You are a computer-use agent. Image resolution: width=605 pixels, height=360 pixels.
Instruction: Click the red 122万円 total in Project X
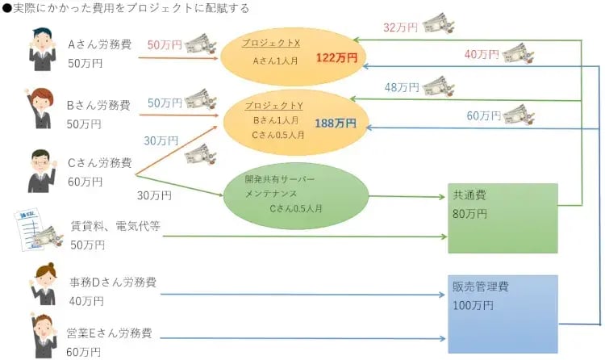tap(337, 57)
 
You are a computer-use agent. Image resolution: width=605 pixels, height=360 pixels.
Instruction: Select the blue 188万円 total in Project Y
tap(336, 123)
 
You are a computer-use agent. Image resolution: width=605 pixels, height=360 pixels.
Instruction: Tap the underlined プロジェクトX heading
tap(271, 43)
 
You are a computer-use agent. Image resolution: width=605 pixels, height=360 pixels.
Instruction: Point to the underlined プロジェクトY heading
tap(274, 105)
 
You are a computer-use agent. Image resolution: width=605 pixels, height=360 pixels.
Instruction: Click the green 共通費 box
tap(503, 218)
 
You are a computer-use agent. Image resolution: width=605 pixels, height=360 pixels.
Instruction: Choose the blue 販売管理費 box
tap(503, 314)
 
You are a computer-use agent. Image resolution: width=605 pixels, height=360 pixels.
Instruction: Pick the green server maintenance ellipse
tap(296, 195)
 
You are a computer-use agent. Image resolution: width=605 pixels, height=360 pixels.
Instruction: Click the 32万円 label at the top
tap(400, 27)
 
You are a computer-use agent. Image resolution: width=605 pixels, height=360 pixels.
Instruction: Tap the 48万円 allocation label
tap(402, 87)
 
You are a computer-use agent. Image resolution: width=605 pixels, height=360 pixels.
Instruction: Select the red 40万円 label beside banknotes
tap(482, 54)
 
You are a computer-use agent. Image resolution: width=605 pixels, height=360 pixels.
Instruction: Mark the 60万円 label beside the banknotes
tap(484, 115)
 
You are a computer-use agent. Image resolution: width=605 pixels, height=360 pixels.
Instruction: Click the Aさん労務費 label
tap(100, 44)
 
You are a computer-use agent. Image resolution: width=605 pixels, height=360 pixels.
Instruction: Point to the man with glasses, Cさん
tap(41, 171)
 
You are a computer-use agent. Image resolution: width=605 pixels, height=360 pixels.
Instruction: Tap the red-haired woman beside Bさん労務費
tap(39, 108)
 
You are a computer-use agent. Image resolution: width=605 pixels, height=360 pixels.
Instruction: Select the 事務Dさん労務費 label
tap(113, 283)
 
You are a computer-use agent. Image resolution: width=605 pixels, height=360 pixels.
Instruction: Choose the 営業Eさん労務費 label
tap(110, 333)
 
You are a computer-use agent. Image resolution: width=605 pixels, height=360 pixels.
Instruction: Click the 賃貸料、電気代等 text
tap(115, 226)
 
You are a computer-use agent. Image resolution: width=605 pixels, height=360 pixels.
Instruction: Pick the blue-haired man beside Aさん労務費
tap(43, 49)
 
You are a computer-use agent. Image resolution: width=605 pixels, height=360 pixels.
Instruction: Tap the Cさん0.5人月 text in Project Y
tap(277, 135)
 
